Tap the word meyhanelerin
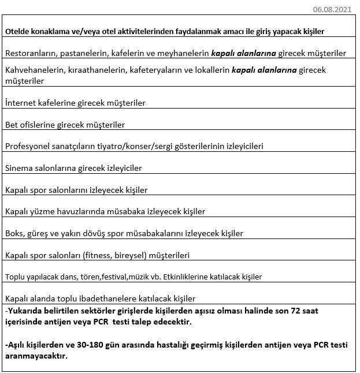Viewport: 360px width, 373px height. pyautogui.click(x=183, y=53)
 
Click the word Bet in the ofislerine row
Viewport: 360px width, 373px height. pyautogui.click(x=12, y=125)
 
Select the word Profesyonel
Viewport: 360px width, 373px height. pyautogui.click(x=29, y=147)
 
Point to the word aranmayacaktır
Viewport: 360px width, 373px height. pyautogui.click(x=36, y=356)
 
